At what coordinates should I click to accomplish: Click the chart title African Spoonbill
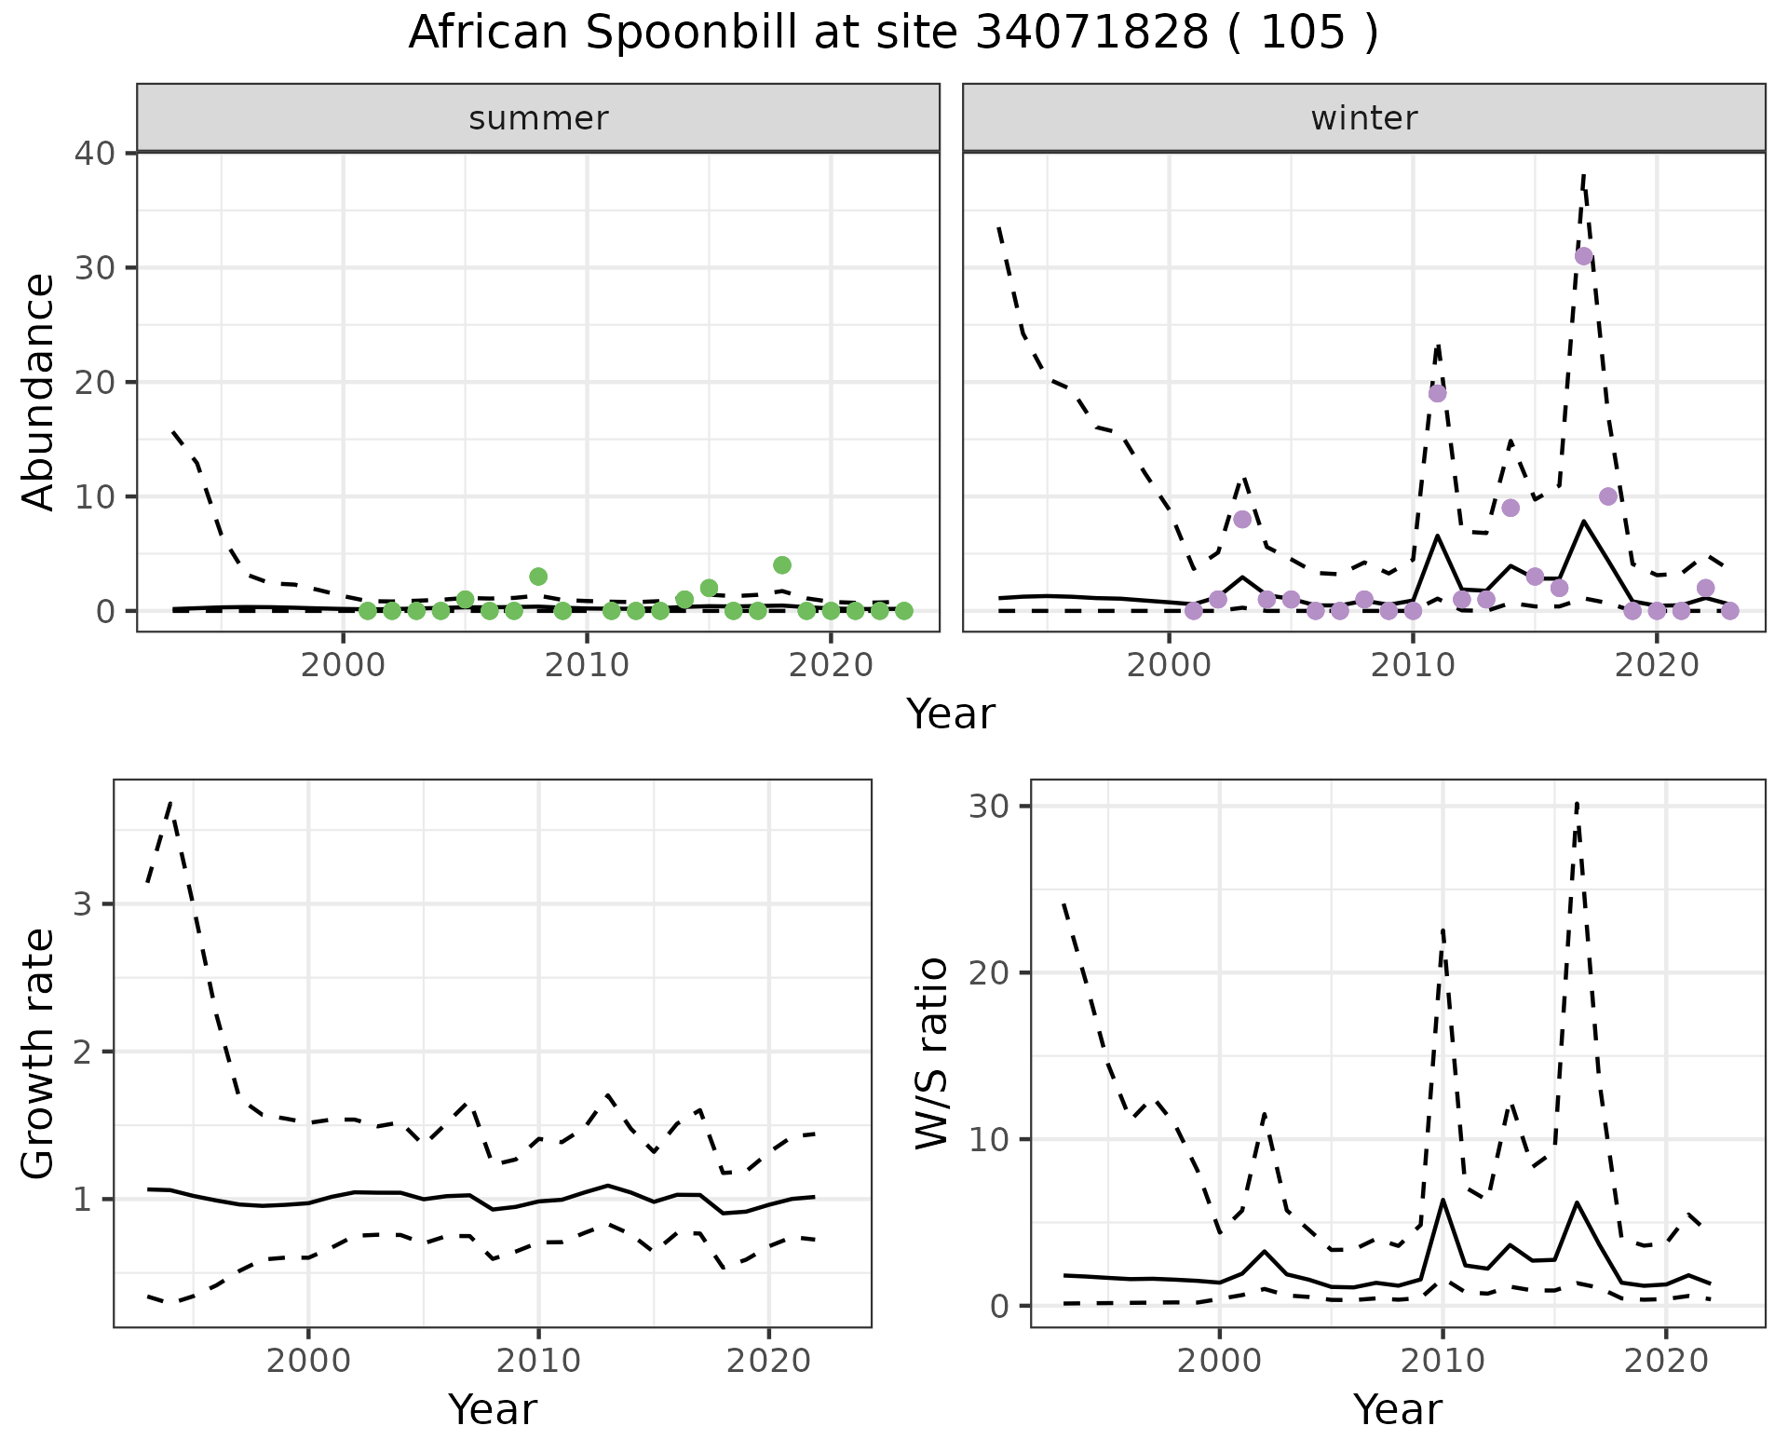pos(893,34)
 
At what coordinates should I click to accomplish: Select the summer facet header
pos(538,118)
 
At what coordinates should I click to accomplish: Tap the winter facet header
pos(1363,118)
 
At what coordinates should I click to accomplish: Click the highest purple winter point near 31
pos(1583,256)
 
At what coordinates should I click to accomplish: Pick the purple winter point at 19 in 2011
pos(1437,393)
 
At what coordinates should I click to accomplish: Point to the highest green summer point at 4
pos(782,565)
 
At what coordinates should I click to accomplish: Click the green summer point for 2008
pos(538,577)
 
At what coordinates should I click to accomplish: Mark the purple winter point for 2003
pos(1242,519)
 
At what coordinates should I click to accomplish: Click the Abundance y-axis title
pos(39,391)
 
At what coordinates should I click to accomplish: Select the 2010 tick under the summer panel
pos(587,666)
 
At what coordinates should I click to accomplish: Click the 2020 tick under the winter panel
pos(1656,666)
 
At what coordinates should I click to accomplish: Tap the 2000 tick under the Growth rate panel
pos(308,1361)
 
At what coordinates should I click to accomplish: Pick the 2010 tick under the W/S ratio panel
pos(1443,1361)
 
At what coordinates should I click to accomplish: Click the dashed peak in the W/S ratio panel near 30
pos(1576,803)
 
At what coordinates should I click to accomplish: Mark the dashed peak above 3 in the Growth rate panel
pos(170,802)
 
